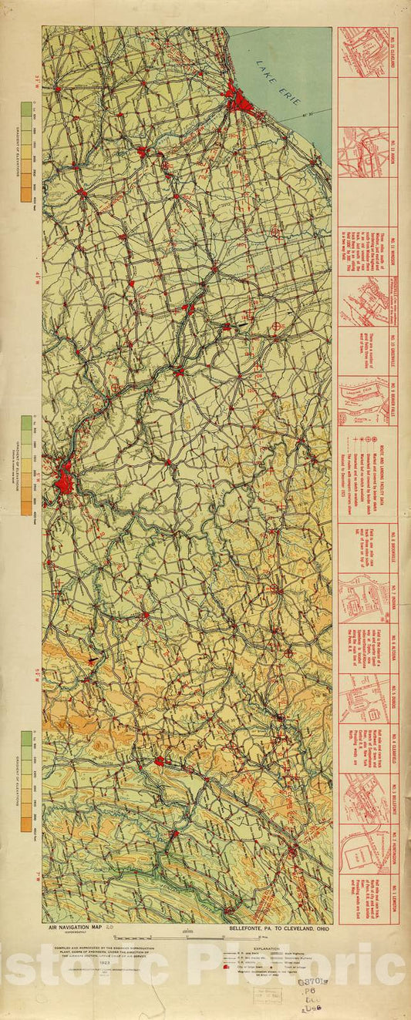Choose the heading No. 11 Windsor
tap(393, 250)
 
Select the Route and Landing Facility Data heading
tap(393, 474)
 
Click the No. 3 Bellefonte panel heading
tap(393, 797)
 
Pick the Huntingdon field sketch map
tap(362, 847)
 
